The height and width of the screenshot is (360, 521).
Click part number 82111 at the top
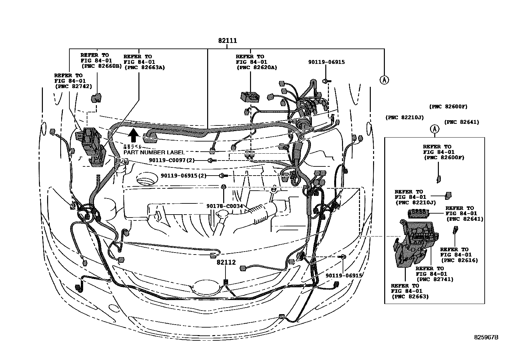pyautogui.click(x=228, y=41)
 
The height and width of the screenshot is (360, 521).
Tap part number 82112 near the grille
pyautogui.click(x=226, y=262)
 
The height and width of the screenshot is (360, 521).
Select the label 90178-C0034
pyautogui.click(x=225, y=206)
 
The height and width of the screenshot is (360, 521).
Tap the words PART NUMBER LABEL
pyautogui.click(x=154, y=152)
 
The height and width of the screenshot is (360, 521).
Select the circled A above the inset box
pyautogui.click(x=435, y=129)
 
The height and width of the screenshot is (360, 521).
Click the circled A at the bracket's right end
pyautogui.click(x=384, y=80)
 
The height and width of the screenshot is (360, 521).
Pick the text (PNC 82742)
pyautogui.click(x=73, y=86)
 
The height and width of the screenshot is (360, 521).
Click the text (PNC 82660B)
pyautogui.click(x=101, y=66)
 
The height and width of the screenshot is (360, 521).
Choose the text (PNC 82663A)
pyautogui.click(x=144, y=67)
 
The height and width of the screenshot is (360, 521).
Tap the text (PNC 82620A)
pyautogui.click(x=256, y=67)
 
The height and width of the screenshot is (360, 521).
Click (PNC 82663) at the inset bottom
pyautogui.click(x=410, y=296)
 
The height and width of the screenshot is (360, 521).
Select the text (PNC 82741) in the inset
pyautogui.click(x=435, y=279)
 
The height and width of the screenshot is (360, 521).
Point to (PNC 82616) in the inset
pyautogui.click(x=459, y=260)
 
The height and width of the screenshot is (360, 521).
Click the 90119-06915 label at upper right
pyautogui.click(x=326, y=62)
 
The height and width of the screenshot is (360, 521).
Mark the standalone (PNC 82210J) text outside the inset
pyautogui.click(x=404, y=117)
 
